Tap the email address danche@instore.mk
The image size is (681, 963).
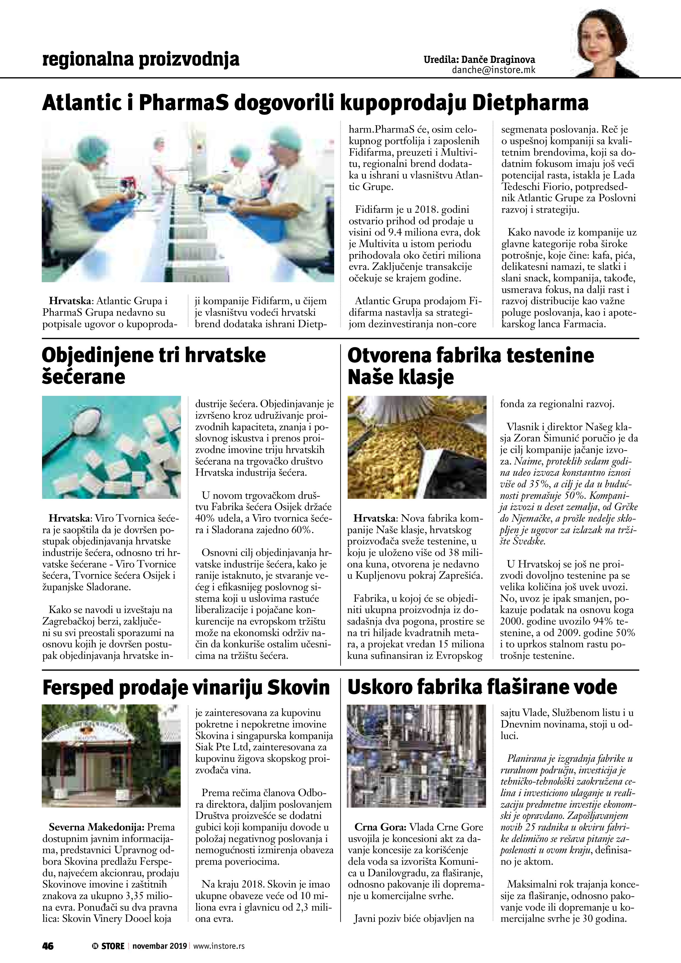pos(493,70)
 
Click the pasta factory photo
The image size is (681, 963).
pos(417,447)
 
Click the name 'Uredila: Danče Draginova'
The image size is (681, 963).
pos(479,60)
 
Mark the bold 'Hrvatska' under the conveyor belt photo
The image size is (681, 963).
pos(71,301)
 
